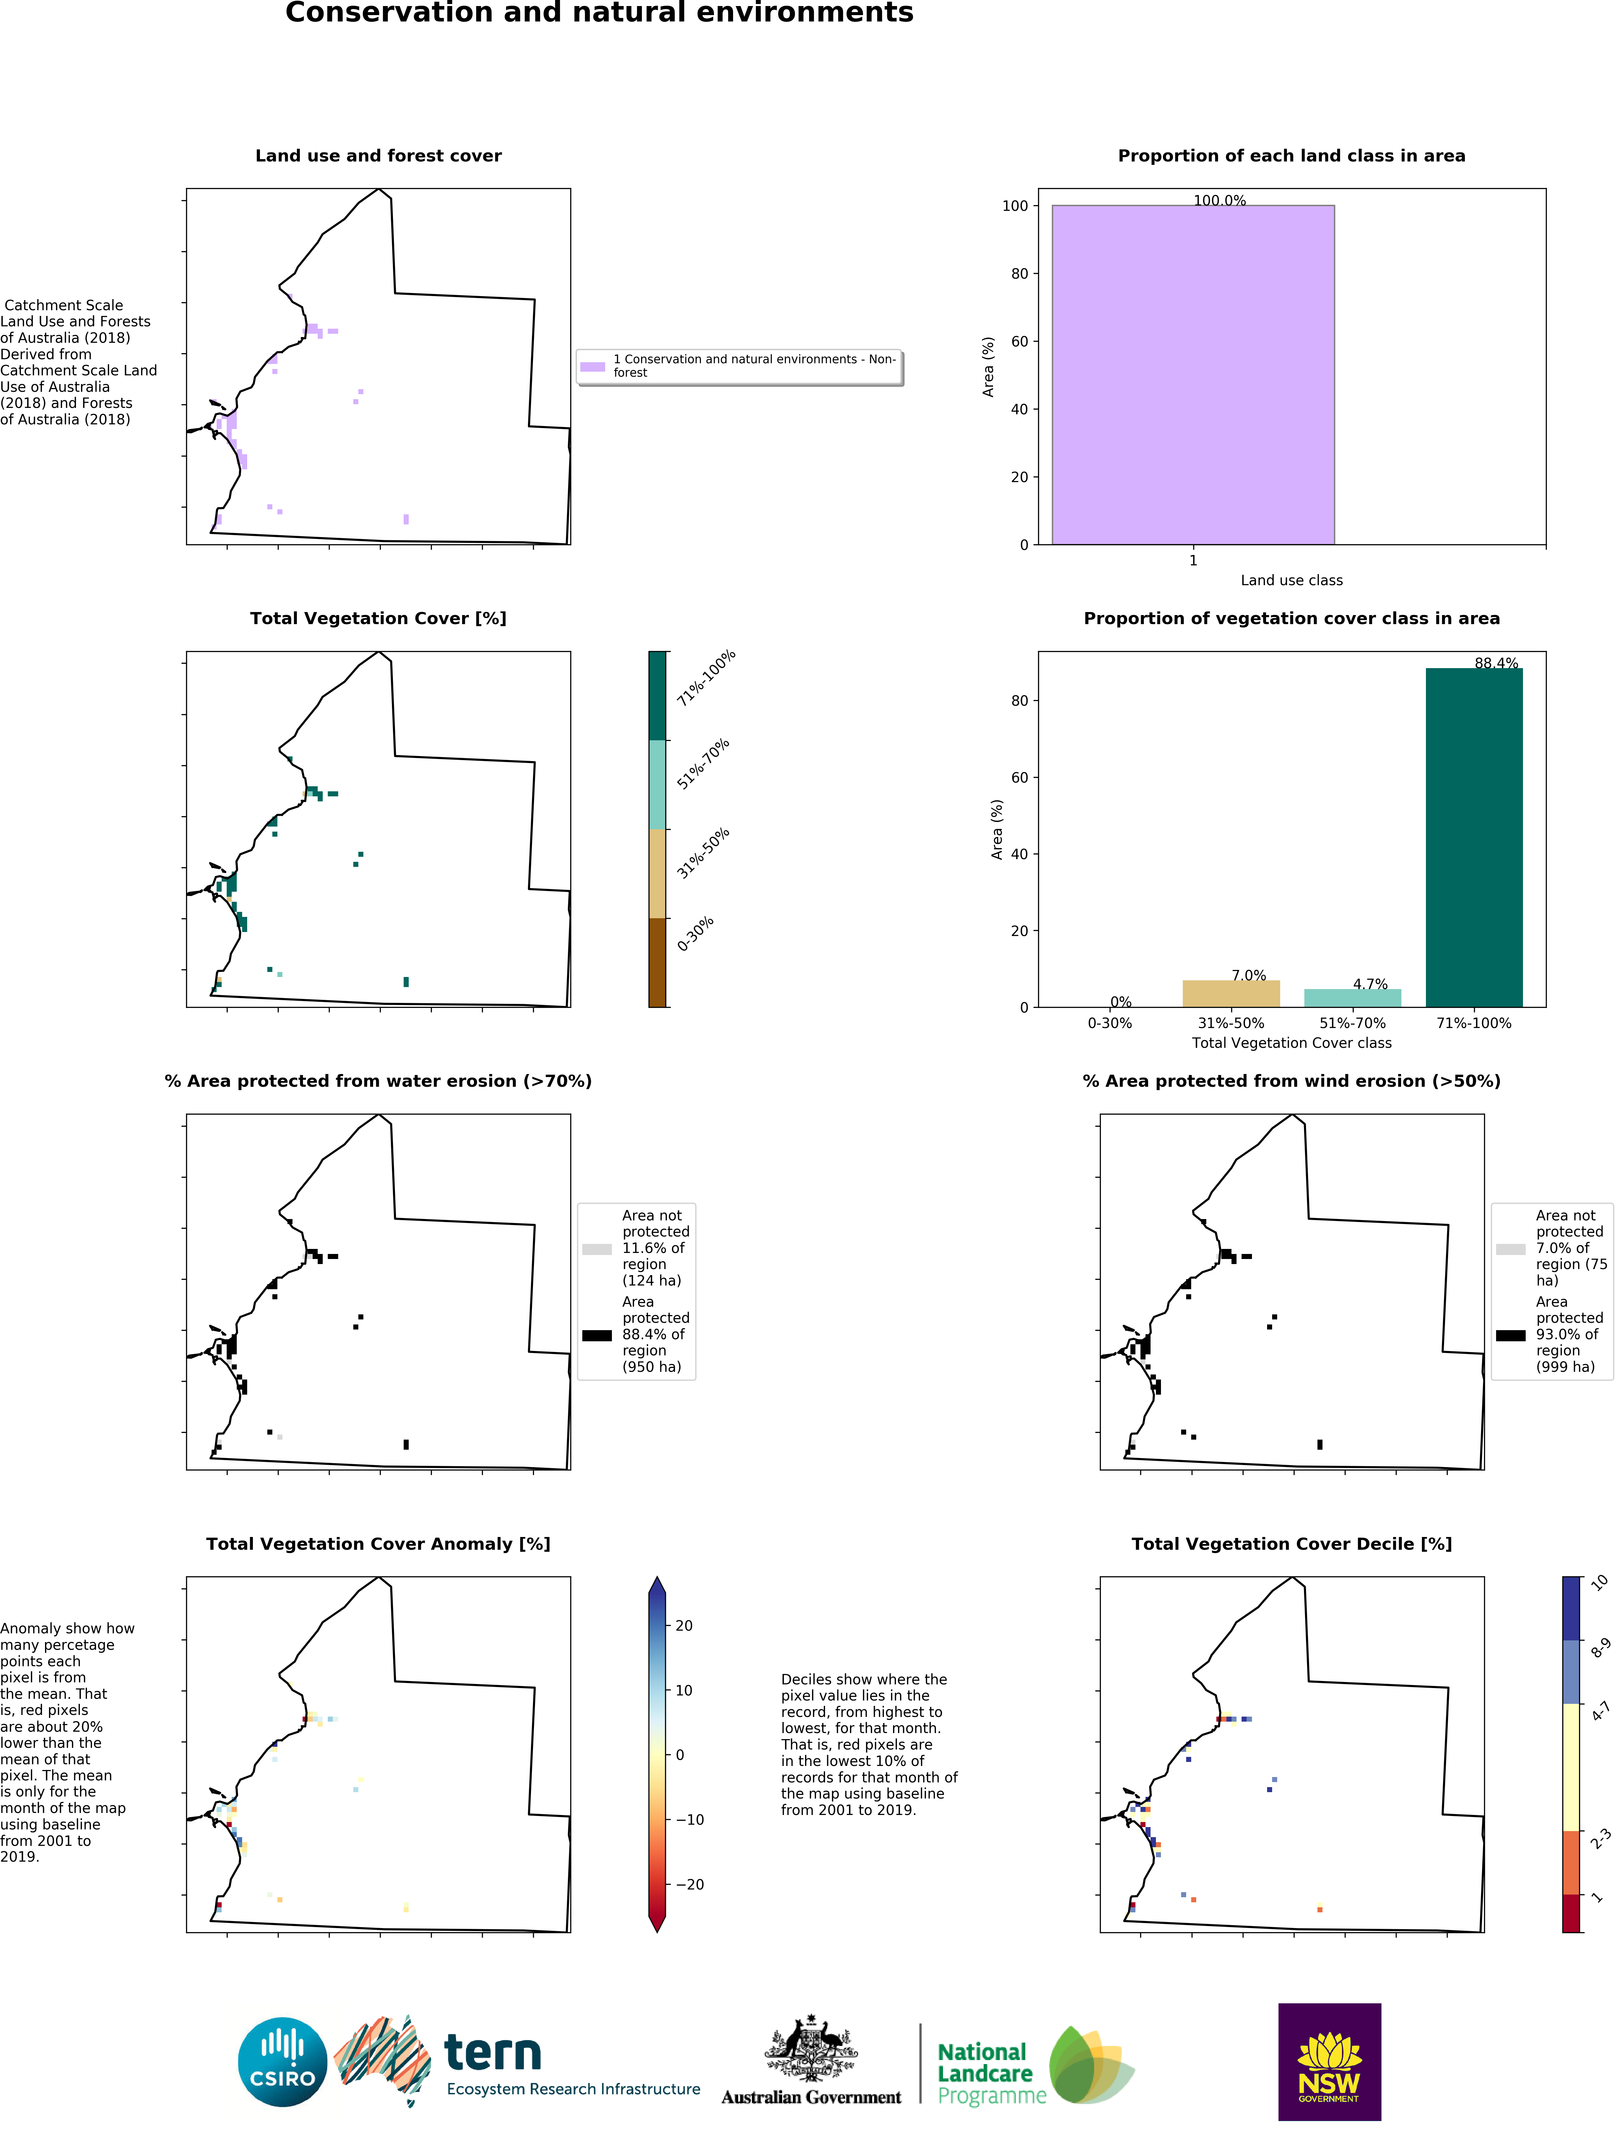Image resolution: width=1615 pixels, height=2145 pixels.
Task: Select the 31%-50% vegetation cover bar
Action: coord(1231,994)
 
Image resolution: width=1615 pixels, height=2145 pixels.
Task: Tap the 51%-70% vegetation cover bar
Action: coord(1352,998)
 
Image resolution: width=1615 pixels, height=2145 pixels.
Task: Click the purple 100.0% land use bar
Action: coord(1193,374)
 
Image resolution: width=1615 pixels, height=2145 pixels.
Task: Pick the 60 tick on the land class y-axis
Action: coord(1020,341)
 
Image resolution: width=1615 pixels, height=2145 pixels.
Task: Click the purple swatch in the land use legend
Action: coord(593,367)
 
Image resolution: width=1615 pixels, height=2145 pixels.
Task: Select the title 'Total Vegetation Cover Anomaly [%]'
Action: coord(378,1544)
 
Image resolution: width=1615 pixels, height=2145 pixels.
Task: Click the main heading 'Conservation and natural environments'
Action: coord(599,13)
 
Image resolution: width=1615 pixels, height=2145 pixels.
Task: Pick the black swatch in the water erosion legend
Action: coord(596,1335)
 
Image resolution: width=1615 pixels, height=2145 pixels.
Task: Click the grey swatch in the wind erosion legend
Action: coord(1510,1249)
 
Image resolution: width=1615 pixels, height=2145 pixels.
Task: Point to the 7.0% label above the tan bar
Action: coord(1248,976)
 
